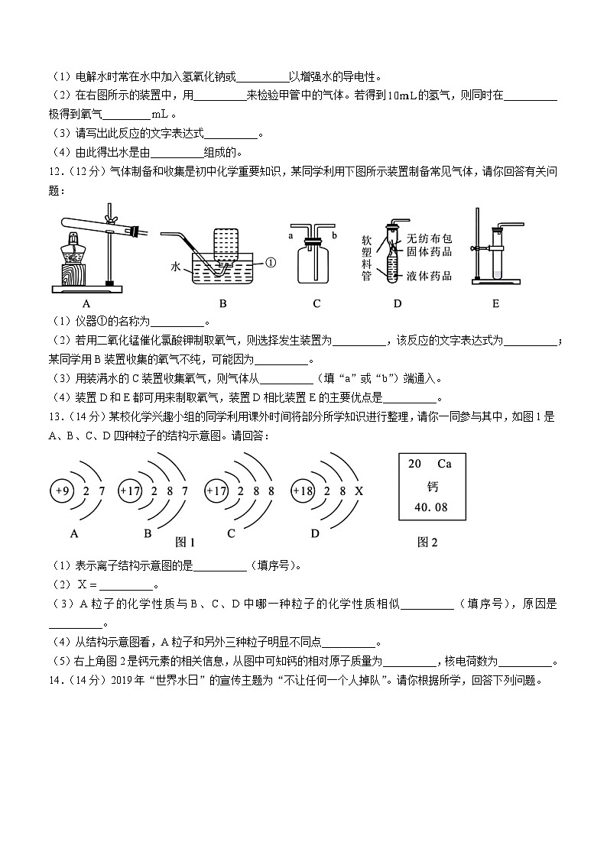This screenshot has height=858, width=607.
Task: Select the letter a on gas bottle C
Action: [x=291, y=236]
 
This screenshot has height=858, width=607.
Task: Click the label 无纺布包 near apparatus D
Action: [x=430, y=238]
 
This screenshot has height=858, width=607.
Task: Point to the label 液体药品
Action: [x=430, y=276]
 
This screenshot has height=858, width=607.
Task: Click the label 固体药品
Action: [x=430, y=251]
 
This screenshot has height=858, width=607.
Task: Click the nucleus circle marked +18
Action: [x=303, y=491]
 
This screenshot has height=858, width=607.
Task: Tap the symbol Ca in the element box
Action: [x=444, y=464]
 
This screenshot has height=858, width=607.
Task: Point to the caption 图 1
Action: [x=185, y=542]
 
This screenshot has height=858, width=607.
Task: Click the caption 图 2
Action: [x=427, y=542]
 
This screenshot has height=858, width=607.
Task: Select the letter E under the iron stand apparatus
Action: [x=495, y=303]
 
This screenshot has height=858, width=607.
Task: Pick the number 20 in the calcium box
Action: [x=415, y=464]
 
